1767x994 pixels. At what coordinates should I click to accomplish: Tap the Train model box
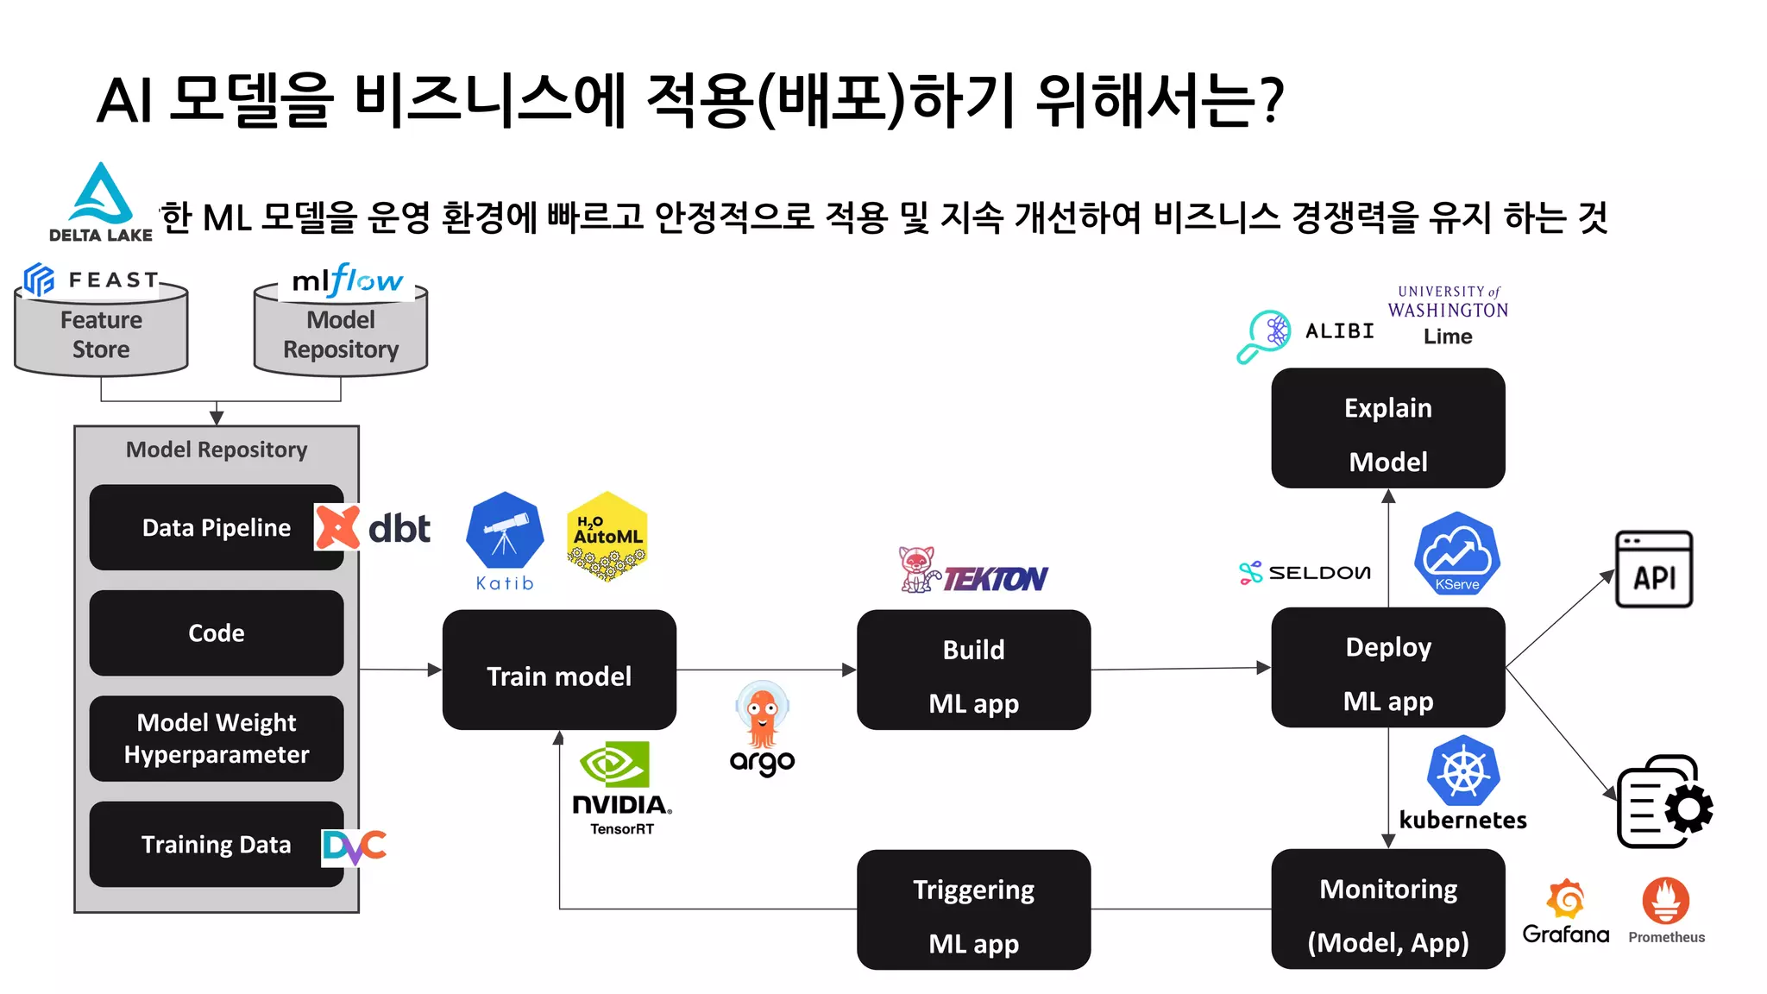tap(559, 670)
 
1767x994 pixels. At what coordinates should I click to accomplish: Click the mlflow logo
tap(347, 281)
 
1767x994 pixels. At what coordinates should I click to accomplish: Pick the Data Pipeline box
tap(216, 527)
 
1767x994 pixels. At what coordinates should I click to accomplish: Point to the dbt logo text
tap(399, 529)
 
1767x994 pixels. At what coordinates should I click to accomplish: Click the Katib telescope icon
tap(505, 531)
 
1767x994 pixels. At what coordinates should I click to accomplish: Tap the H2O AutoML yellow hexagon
tap(607, 536)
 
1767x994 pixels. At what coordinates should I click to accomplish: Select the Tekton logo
tap(973, 572)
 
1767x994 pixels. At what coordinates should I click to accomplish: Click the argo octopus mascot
tap(762, 716)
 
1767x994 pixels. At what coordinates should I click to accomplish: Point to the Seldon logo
tap(1305, 572)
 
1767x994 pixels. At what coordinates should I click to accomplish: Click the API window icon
tap(1653, 569)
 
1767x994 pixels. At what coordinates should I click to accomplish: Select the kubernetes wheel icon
tap(1463, 770)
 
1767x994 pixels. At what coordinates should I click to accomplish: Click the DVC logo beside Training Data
tap(354, 846)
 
